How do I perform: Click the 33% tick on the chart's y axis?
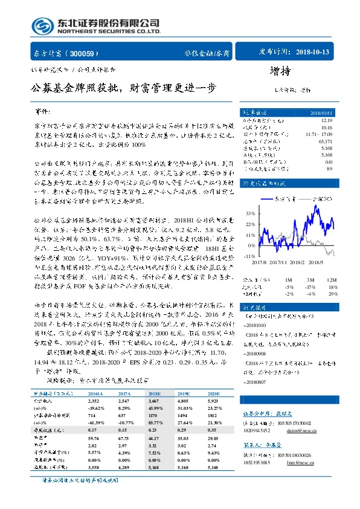click(x=248, y=213)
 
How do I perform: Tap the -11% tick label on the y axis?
click(x=248, y=256)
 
